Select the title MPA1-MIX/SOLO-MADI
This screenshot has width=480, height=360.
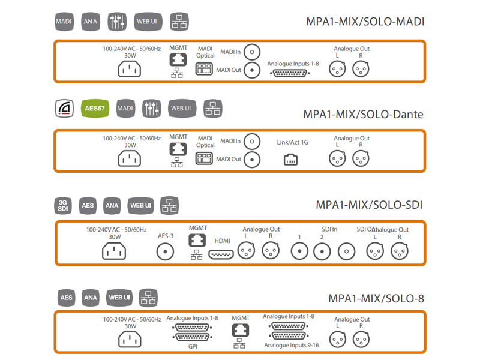(x=365, y=22)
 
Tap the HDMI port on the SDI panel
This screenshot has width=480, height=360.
(x=221, y=254)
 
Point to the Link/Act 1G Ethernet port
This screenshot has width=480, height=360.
(x=291, y=160)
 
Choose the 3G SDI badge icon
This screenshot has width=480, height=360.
(x=64, y=206)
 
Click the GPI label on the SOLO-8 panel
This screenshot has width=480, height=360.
(x=192, y=346)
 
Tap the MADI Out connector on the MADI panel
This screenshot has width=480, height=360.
(x=254, y=70)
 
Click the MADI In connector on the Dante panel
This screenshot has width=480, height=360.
(x=254, y=142)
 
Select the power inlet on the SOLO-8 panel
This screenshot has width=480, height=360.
(x=129, y=340)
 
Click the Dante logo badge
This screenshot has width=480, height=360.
(x=64, y=109)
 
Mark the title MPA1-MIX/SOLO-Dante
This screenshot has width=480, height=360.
(x=363, y=114)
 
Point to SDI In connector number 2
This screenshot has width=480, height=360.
(x=323, y=252)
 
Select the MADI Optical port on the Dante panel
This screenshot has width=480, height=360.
(x=205, y=158)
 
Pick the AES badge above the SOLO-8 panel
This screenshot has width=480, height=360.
(x=66, y=298)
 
